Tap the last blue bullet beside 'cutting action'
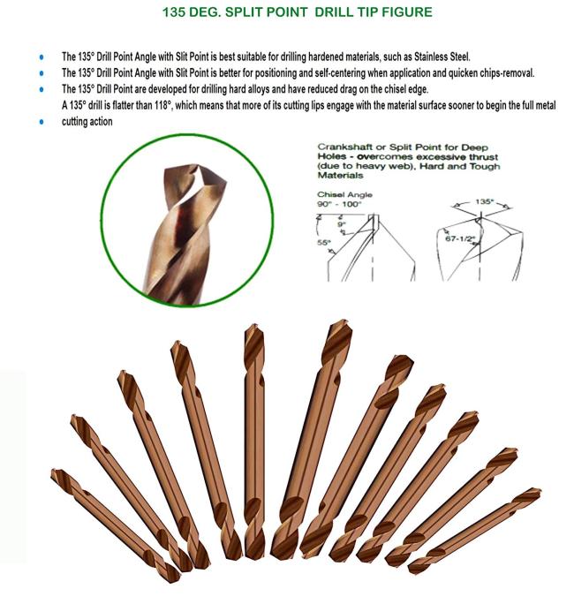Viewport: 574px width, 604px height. coord(41,123)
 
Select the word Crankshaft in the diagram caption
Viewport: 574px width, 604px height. coord(343,145)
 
